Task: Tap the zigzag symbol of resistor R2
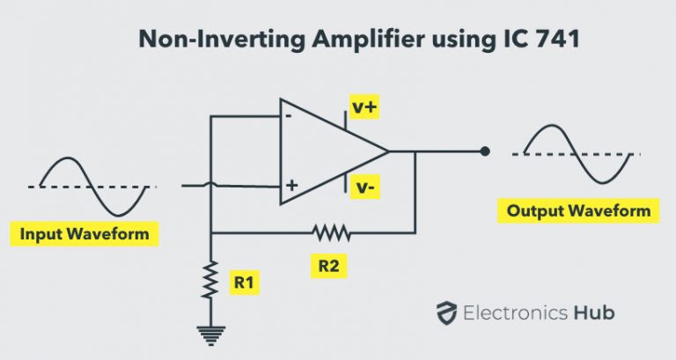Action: point(331,233)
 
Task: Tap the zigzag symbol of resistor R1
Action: point(211,279)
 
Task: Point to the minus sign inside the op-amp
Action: point(288,115)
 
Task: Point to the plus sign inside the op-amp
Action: point(290,187)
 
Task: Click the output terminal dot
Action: point(484,151)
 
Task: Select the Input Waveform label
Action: point(84,235)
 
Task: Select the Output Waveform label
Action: point(578,211)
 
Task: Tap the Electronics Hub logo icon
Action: point(447,312)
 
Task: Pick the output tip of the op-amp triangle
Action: point(388,151)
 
